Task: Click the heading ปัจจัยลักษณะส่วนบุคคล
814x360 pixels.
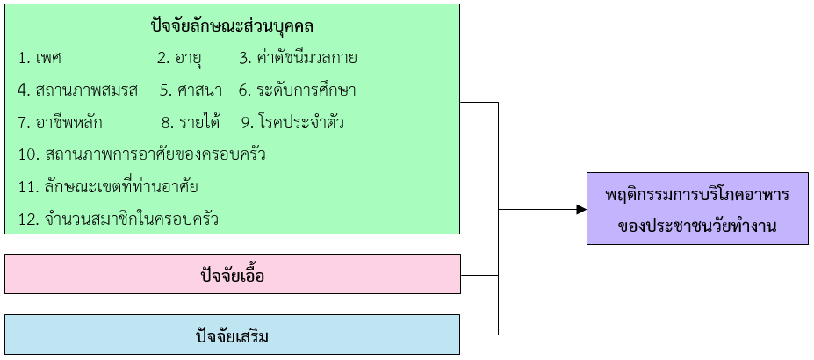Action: [x=232, y=26]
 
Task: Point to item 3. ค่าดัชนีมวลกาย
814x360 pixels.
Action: [x=298, y=59]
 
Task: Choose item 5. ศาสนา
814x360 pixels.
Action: [x=191, y=90]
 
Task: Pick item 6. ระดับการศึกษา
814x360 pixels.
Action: [x=297, y=90]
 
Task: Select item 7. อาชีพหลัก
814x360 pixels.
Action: [x=66, y=122]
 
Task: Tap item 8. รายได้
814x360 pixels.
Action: [x=190, y=122]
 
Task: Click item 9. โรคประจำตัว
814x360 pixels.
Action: [x=292, y=122]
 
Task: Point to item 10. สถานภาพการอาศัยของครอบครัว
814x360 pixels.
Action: [x=141, y=155]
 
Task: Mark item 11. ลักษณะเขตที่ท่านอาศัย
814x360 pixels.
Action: [x=107, y=186]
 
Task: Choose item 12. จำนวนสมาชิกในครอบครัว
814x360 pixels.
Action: [x=118, y=219]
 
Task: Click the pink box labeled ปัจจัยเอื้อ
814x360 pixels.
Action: [x=232, y=275]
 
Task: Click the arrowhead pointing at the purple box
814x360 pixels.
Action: [x=580, y=209]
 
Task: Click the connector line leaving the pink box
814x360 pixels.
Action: [x=479, y=275]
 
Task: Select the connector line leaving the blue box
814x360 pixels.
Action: [x=479, y=335]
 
